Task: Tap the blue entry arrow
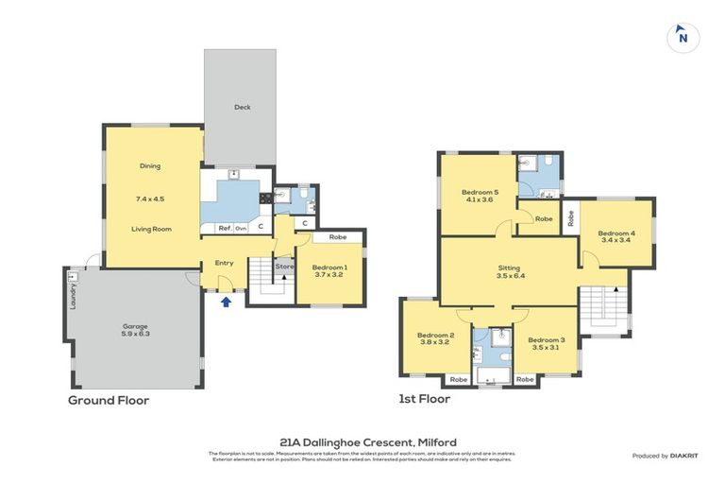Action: [224, 302]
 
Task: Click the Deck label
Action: [243, 107]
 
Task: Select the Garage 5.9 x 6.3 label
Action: [135, 330]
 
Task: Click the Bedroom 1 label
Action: [329, 269]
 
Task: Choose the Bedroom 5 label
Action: [481, 194]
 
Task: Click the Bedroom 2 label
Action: [436, 338]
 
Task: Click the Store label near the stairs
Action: [285, 266]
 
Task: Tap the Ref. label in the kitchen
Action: [225, 228]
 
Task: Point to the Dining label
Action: [150, 166]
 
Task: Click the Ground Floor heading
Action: [108, 400]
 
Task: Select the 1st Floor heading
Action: [424, 399]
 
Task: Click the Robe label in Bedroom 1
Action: [337, 236]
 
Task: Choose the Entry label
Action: [224, 263]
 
